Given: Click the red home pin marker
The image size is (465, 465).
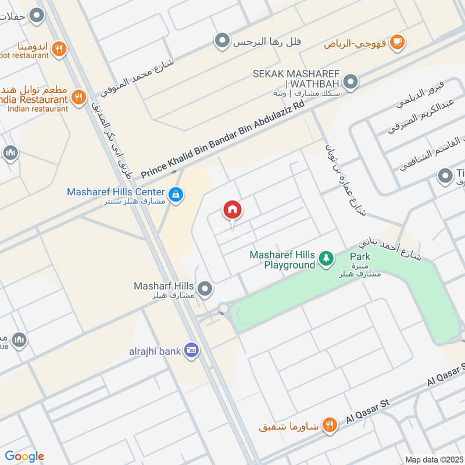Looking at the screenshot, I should coord(233,210).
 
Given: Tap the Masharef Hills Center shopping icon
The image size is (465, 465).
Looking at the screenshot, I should coord(174,193).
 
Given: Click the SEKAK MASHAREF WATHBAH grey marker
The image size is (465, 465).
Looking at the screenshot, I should coord(350,83).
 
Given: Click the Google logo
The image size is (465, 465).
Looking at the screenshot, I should coord(24,456).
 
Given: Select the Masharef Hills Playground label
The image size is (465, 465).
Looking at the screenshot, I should coord(282,260).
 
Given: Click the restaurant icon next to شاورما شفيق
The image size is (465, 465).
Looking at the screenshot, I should coord(330,426).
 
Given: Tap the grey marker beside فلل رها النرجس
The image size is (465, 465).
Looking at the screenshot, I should coord(221,41).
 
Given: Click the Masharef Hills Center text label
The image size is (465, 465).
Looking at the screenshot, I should coord(116,191).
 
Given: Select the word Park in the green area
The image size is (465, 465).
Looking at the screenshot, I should coord(360,256).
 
